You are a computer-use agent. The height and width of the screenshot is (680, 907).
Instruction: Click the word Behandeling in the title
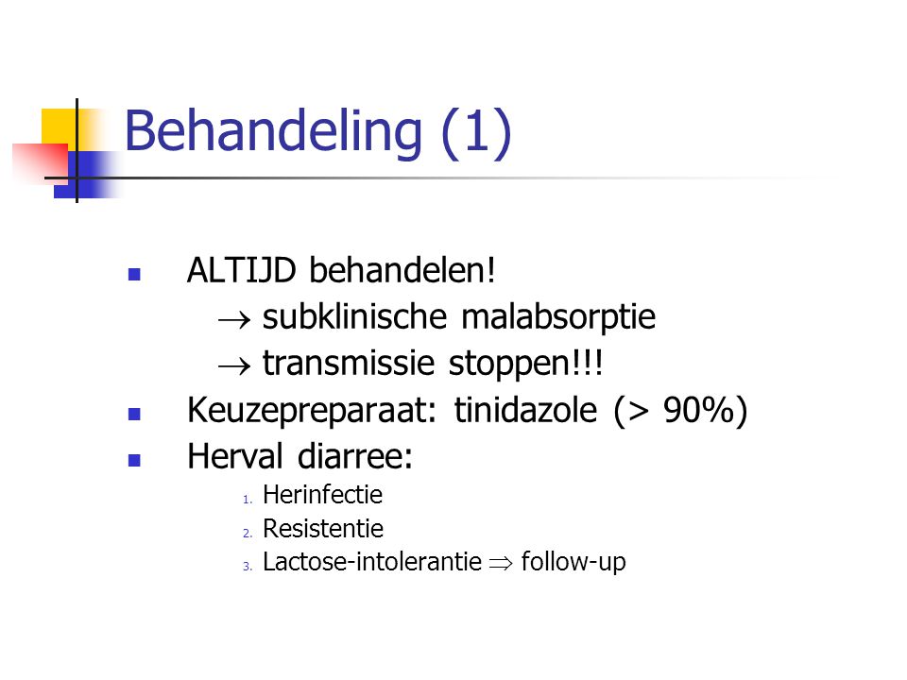[273, 133]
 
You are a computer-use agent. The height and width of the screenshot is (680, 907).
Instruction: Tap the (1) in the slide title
[476, 132]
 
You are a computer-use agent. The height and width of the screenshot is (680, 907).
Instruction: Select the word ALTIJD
[241, 270]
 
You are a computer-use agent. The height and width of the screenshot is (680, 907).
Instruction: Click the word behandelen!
[402, 270]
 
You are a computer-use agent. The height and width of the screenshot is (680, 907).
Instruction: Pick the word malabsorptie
[558, 318]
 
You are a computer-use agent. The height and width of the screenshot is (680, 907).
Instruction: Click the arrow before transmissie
[234, 365]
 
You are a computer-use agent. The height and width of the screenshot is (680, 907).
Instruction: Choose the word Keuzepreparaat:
[311, 411]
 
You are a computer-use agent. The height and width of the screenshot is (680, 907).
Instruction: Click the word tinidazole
[525, 410]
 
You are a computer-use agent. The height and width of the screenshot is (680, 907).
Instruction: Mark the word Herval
[235, 456]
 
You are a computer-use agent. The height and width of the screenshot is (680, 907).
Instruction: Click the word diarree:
[355, 456]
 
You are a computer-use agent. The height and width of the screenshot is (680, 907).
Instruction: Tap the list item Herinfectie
[322, 495]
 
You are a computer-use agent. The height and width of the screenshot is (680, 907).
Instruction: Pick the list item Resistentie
[323, 529]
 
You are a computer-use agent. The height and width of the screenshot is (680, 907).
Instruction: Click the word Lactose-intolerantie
[372, 562]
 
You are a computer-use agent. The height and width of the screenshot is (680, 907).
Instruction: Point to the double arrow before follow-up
[501, 563]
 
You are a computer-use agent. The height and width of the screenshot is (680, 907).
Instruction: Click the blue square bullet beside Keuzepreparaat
[134, 414]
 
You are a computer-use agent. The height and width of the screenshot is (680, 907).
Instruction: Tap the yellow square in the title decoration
[60, 126]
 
